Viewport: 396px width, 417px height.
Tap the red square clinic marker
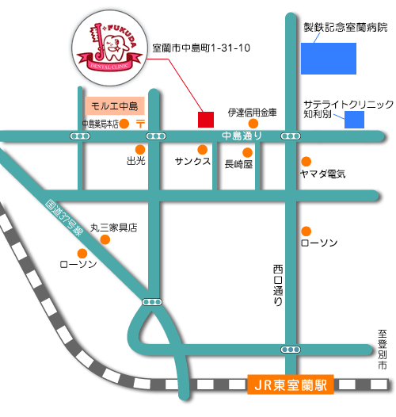click(206, 119)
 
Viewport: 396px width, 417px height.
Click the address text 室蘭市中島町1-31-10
click(201, 48)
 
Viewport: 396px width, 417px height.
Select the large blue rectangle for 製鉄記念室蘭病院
click(328, 58)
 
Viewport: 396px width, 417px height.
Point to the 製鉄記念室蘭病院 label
click(345, 27)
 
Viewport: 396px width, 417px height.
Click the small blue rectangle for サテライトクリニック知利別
click(354, 120)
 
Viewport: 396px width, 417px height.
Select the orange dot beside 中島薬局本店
click(124, 124)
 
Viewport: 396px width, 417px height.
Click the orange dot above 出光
click(140, 148)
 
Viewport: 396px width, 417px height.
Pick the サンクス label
click(192, 161)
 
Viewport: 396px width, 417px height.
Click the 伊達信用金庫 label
click(252, 113)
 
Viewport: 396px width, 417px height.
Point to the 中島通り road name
click(242, 136)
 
